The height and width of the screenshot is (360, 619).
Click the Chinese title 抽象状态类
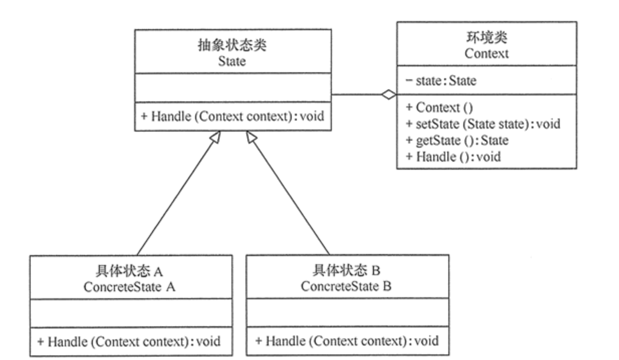pos(232,46)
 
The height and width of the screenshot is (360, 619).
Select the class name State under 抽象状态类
pos(232,62)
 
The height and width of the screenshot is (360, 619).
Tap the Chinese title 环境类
pos(486,38)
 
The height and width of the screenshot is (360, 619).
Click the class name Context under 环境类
pos(486,53)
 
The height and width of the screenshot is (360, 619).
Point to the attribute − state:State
pos(440,80)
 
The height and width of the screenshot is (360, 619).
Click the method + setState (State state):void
pos(482,124)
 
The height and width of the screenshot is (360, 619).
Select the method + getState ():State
pos(457,140)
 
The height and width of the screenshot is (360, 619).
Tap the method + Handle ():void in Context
pos(453,157)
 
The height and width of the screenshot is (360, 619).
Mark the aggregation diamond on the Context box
pos(388,94)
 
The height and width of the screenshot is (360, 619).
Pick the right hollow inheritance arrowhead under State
pos(251,136)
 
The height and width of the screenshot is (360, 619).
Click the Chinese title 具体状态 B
pos(346,271)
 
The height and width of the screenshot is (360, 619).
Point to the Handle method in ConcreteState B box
pos(346,341)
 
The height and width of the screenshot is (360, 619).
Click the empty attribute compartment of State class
pos(232,87)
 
